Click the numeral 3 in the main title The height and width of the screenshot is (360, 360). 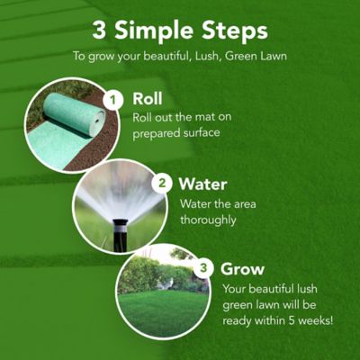point(99,31)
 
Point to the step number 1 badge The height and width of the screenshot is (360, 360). point(112,99)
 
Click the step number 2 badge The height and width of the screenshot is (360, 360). point(163,183)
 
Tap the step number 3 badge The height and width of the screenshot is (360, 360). point(204,267)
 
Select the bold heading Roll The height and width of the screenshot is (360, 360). point(148,98)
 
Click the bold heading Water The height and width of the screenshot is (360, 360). point(202,184)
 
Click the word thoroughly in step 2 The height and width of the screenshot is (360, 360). point(210,220)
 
